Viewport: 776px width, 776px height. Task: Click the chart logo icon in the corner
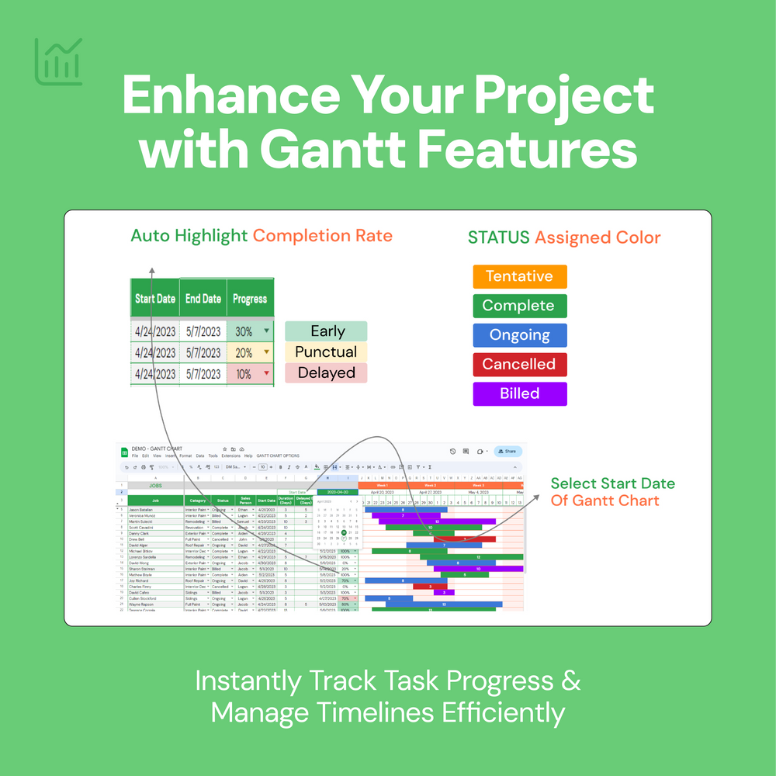click(x=58, y=61)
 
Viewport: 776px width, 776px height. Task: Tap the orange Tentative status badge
click(x=519, y=276)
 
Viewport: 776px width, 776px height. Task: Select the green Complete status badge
click(x=519, y=306)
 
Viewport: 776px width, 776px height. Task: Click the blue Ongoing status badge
click(x=519, y=335)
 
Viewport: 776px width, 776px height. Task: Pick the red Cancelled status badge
click(x=519, y=364)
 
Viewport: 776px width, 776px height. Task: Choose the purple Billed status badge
click(x=519, y=393)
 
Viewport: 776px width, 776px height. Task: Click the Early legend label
click(x=326, y=331)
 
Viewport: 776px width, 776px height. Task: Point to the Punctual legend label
click(x=326, y=352)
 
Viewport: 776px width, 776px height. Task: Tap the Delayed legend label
click(x=326, y=373)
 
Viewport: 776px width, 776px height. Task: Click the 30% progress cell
click(x=249, y=331)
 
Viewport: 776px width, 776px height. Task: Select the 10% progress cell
click(x=249, y=374)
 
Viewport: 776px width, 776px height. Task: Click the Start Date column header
click(x=155, y=299)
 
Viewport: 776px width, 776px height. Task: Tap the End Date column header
click(x=203, y=299)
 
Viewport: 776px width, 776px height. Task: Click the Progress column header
click(x=250, y=299)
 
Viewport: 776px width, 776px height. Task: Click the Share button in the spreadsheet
click(x=508, y=451)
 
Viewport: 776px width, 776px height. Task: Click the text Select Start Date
click(x=612, y=483)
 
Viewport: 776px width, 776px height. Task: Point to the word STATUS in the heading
click(x=498, y=237)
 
